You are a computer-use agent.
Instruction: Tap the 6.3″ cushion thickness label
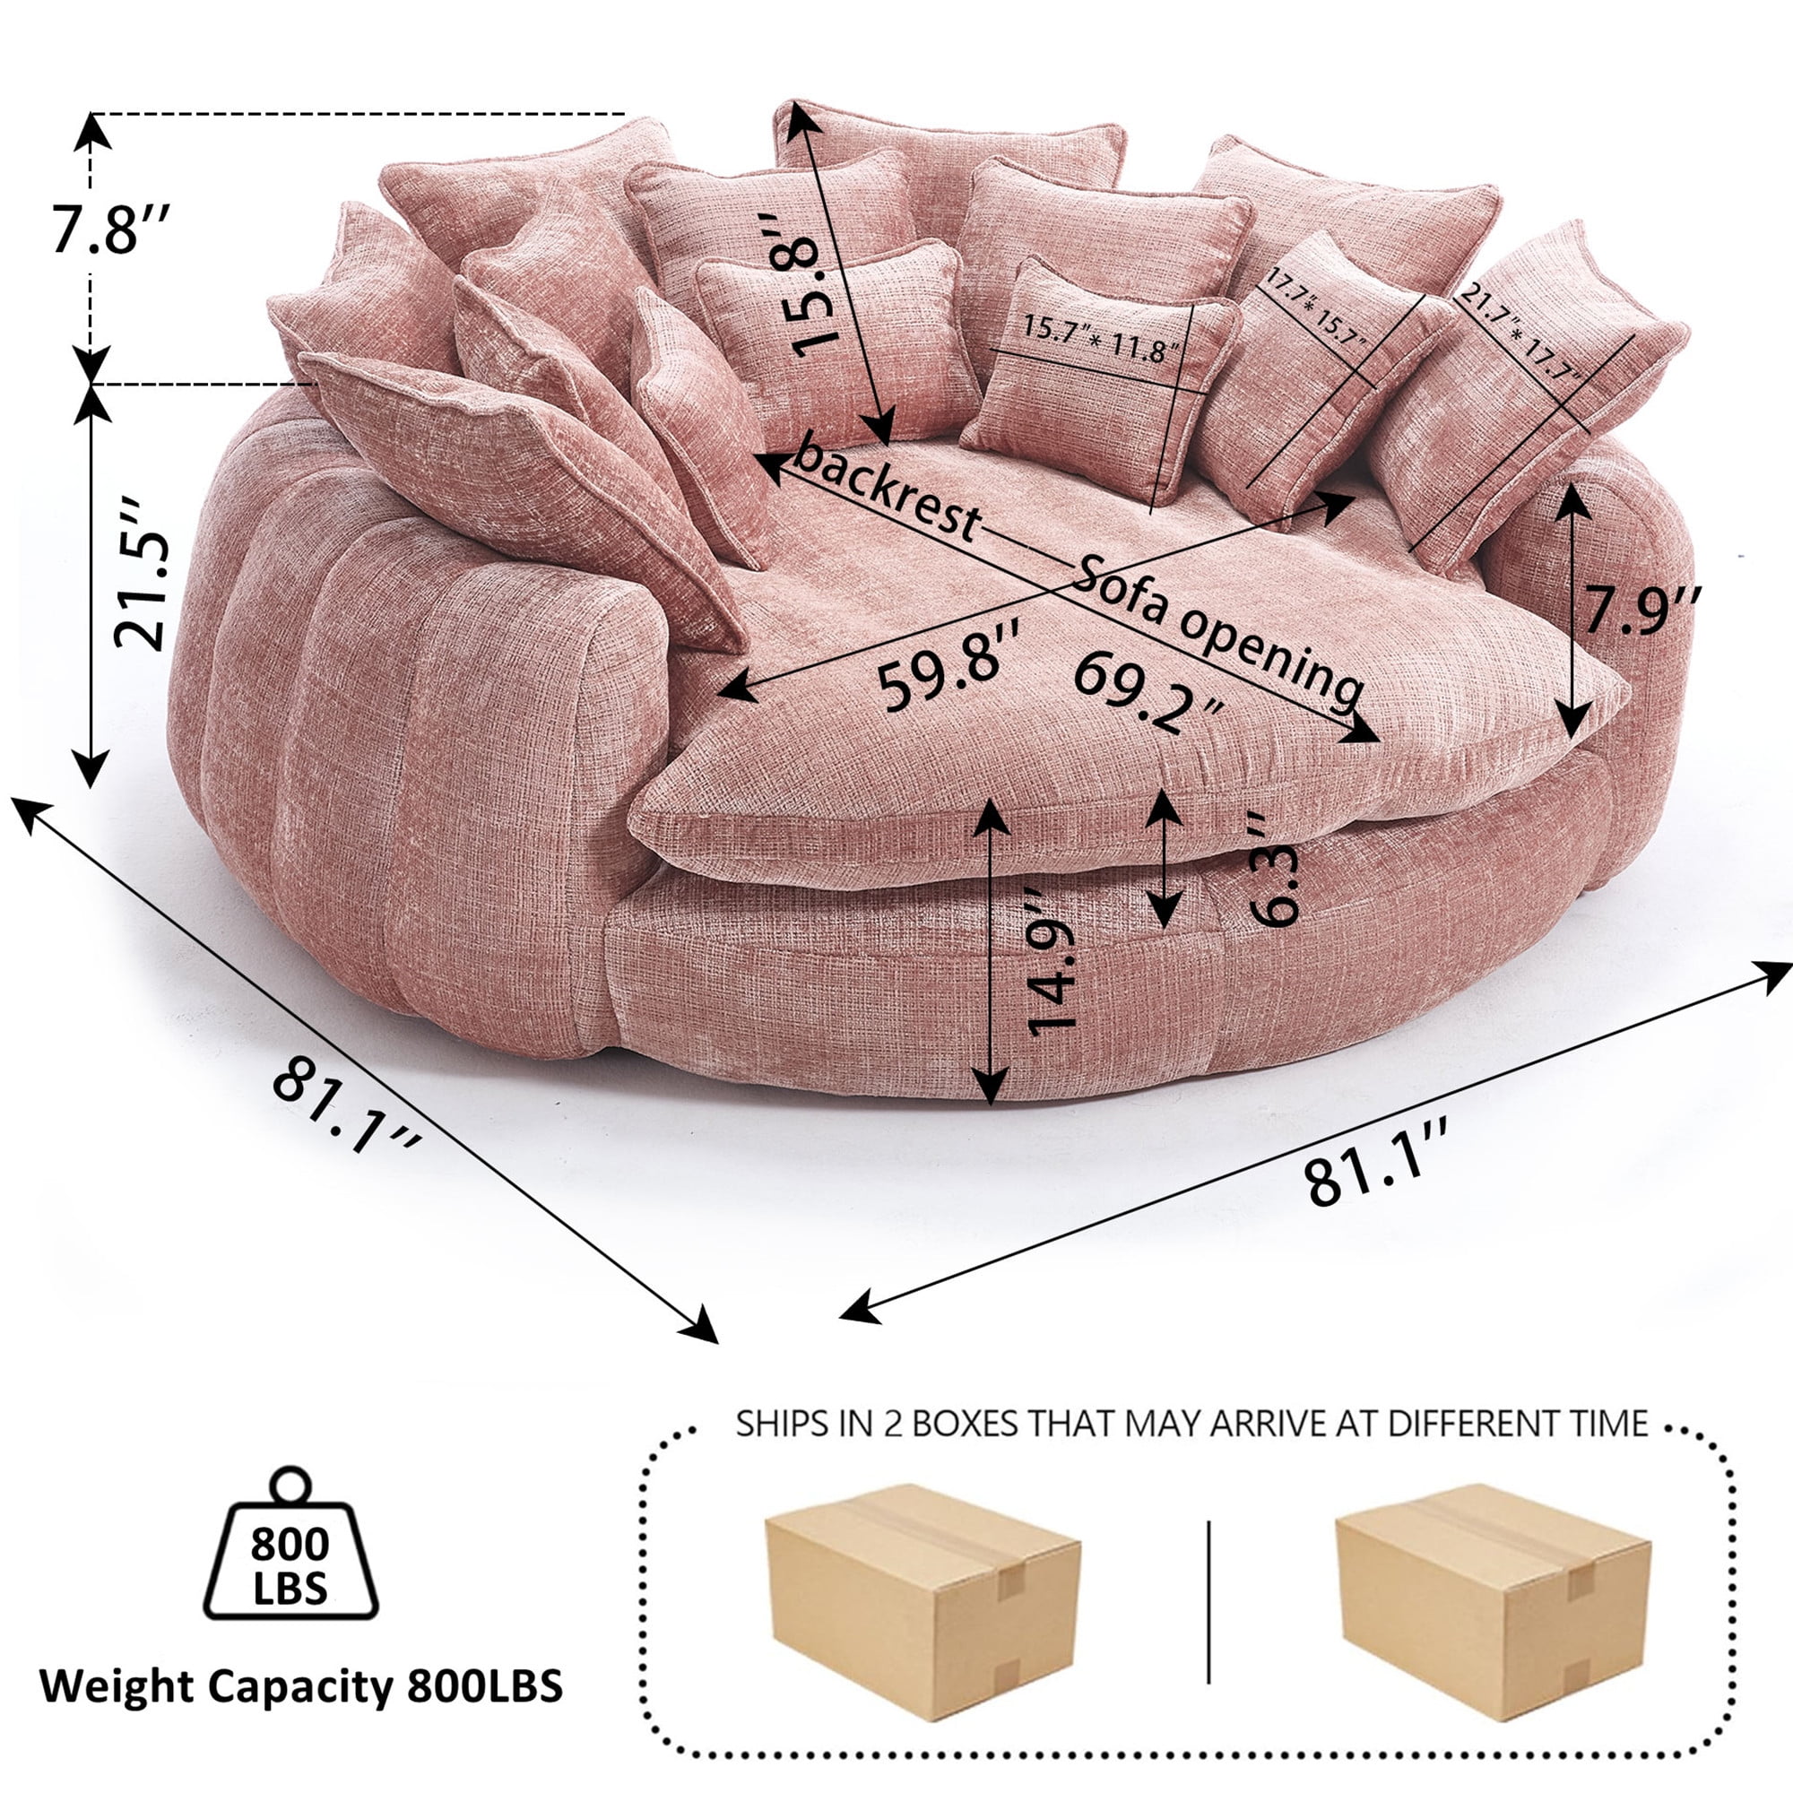coord(1273,868)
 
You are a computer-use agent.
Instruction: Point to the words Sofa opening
coord(1217,631)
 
